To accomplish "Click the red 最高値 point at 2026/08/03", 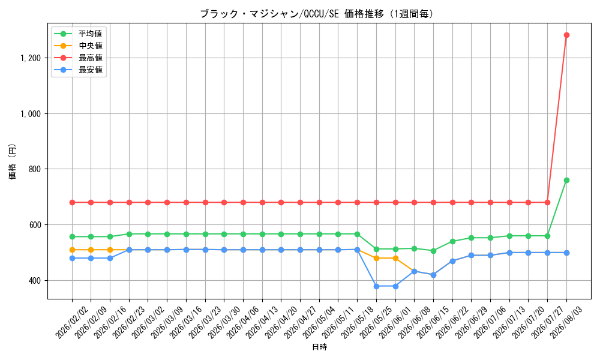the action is [566, 35].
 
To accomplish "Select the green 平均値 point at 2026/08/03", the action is [566, 180].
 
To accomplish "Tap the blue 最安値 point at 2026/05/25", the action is [376, 286].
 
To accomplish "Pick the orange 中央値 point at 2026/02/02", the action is [72, 250].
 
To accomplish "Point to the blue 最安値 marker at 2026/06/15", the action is [433, 275].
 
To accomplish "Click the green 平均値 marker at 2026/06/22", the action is [452, 241].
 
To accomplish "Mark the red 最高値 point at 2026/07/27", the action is [547, 202].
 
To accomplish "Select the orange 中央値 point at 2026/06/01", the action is [395, 258].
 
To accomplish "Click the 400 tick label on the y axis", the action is [34, 281].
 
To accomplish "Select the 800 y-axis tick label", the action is [34, 169].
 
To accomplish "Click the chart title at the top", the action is [317, 14].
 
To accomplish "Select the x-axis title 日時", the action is [320, 347].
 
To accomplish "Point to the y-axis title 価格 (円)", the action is [13, 161].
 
